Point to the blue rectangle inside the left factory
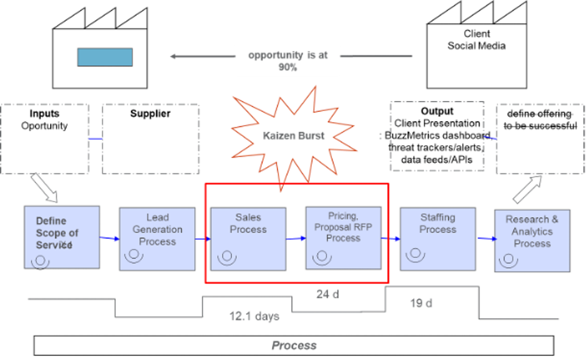pos(105,57)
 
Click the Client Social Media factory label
pos(477,40)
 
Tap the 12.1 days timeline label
pos(255,316)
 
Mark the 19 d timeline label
pos(422,303)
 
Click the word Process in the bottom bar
pos(294,345)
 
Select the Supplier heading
pos(150,114)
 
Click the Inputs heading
pos(45,114)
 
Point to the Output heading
pos(437,111)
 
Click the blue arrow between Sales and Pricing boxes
pos(295,239)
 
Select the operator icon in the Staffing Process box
pos(415,254)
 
